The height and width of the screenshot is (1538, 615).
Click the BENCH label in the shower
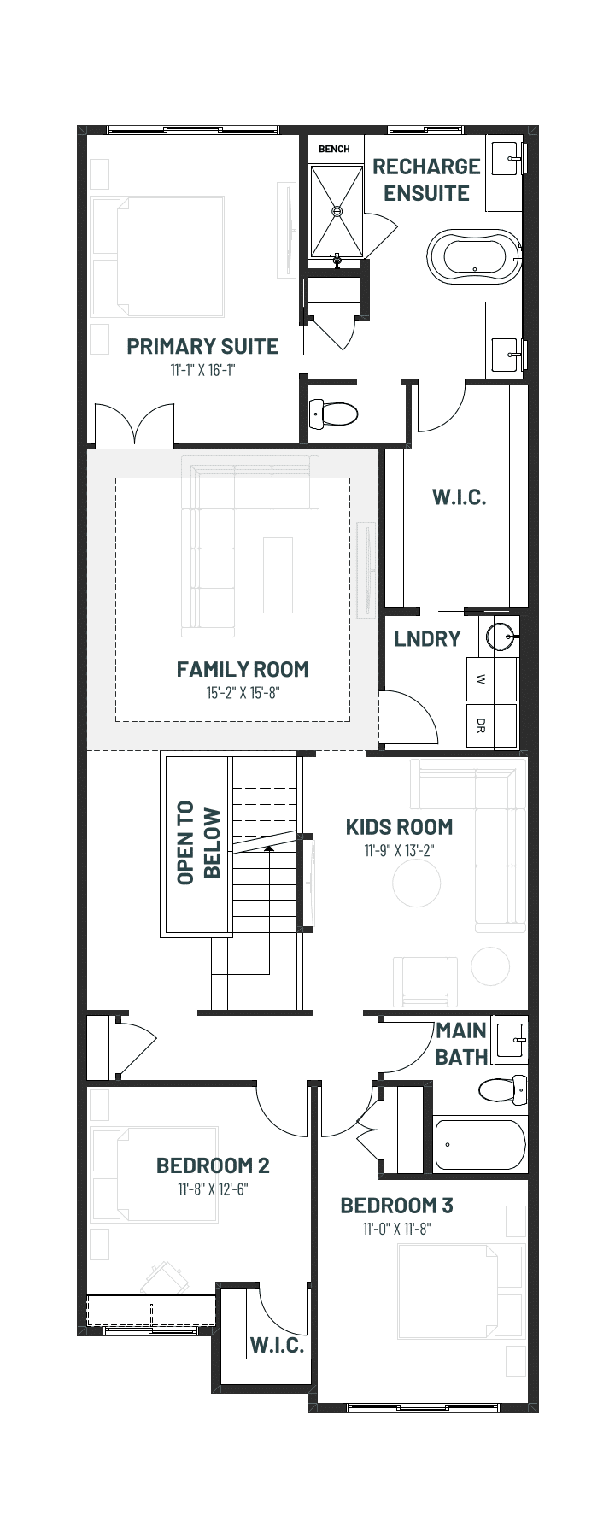(334, 149)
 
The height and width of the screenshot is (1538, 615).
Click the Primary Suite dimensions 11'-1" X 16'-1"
(202, 371)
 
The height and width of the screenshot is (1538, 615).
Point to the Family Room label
(243, 669)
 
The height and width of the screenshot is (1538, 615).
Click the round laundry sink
(501, 637)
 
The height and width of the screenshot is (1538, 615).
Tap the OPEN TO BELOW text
(199, 842)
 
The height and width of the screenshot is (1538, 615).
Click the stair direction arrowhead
(269, 848)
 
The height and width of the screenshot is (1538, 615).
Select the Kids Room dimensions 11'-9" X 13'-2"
(400, 851)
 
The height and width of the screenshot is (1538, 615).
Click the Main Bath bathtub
(479, 1145)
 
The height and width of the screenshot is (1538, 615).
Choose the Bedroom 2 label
(213, 1165)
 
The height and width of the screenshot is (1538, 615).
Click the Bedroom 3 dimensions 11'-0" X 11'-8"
(397, 1230)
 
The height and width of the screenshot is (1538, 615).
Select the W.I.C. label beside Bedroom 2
(277, 1346)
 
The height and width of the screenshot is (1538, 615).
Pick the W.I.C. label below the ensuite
(459, 497)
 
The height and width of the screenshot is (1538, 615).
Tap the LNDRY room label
(427, 638)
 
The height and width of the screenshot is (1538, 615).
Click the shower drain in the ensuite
(337, 210)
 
